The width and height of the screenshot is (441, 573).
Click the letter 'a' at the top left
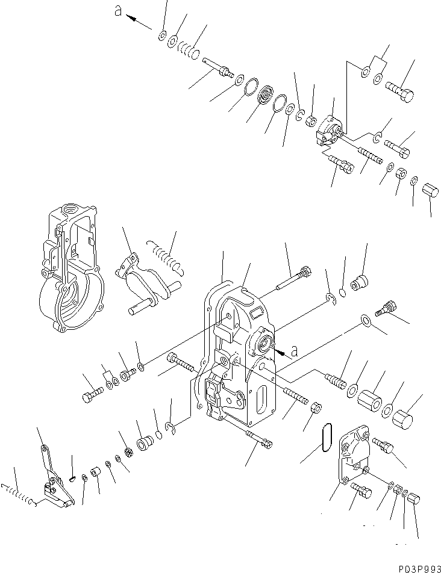point(117,11)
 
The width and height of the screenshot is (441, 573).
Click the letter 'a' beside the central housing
point(294,352)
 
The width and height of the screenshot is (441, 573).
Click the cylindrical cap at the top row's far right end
point(430,190)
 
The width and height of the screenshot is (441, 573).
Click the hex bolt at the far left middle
point(93,394)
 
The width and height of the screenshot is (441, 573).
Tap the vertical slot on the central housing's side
point(263,400)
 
